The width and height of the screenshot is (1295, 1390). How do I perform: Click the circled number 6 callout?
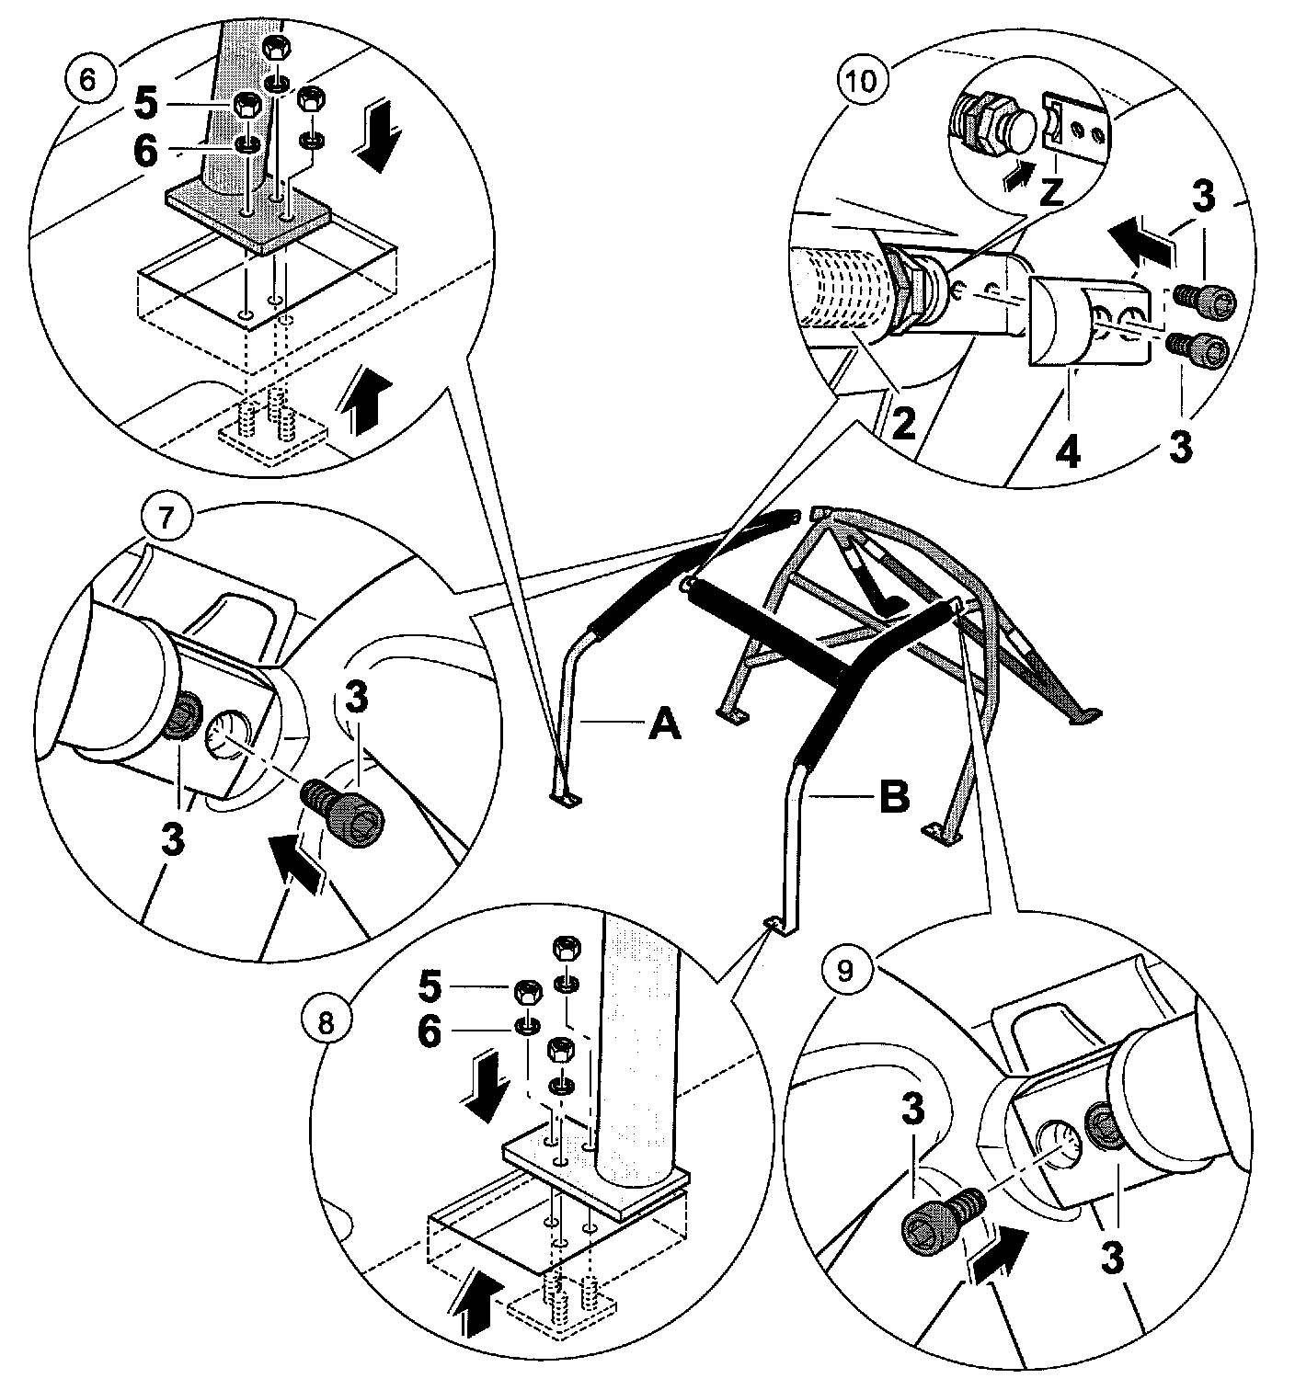pyautogui.click(x=86, y=79)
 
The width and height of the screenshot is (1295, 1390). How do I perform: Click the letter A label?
pyautogui.click(x=664, y=723)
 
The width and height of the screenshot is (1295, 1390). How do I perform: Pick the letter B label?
pyautogui.click(x=894, y=796)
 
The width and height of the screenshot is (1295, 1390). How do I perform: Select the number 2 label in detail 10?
pyautogui.click(x=905, y=425)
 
